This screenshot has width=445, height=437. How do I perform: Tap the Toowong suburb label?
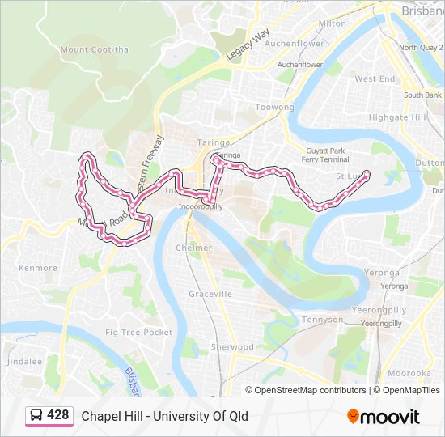(x=275, y=107)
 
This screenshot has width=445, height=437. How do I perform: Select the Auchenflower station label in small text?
(x=299, y=65)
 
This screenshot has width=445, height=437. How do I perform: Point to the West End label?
(x=375, y=79)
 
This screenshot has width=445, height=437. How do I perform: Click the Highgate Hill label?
(x=397, y=117)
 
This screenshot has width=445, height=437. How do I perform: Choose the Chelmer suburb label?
(x=194, y=248)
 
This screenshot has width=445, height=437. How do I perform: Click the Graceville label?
(x=210, y=294)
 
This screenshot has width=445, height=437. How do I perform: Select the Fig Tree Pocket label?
(x=139, y=333)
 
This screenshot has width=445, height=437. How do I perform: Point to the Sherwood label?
(x=232, y=346)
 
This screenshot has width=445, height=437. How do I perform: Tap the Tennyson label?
(x=322, y=320)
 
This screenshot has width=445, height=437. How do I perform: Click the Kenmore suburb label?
(x=38, y=267)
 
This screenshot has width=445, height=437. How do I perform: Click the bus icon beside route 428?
(x=37, y=416)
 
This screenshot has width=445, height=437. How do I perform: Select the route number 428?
(x=58, y=415)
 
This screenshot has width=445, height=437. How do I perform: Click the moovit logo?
(x=384, y=416)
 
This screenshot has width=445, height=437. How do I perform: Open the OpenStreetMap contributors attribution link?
(x=310, y=390)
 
